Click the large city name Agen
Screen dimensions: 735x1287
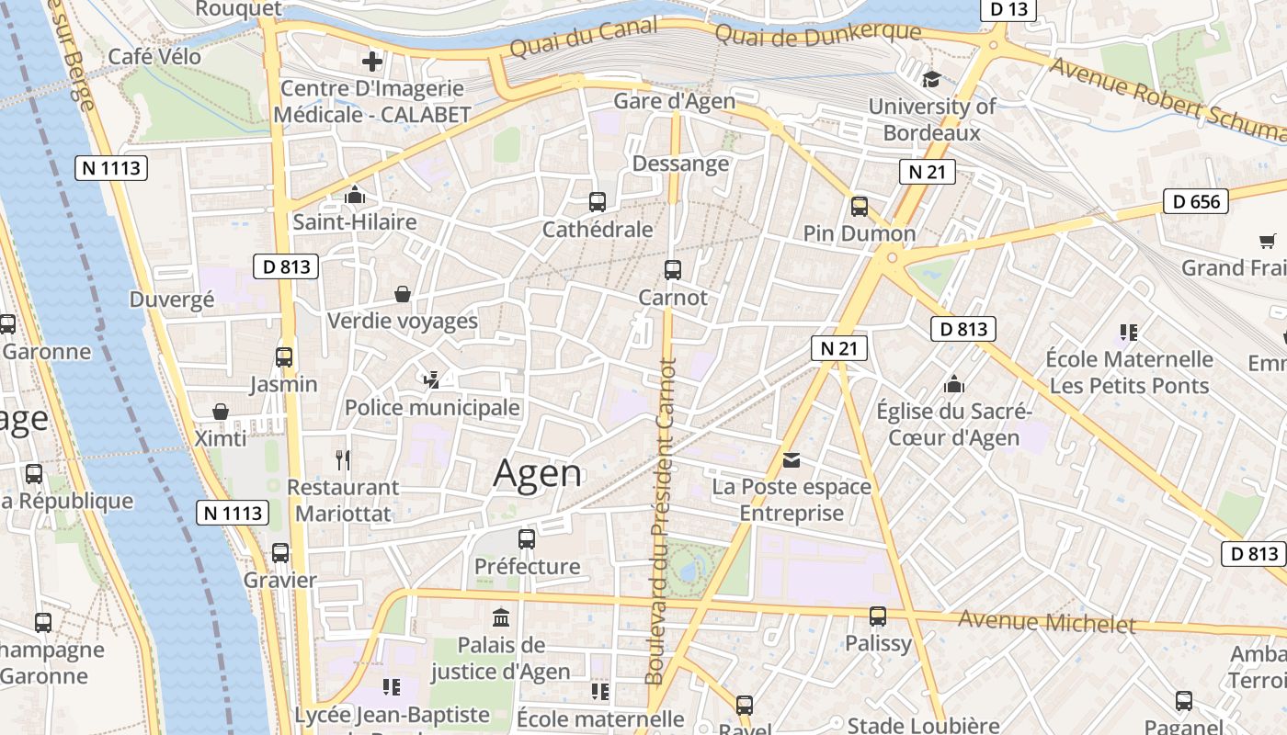coord(538,474)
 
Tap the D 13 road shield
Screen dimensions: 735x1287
coord(1008,9)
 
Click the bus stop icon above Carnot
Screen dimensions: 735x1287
coord(673,269)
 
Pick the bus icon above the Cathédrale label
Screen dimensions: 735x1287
coord(598,201)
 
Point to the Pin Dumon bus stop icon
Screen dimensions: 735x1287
coord(860,206)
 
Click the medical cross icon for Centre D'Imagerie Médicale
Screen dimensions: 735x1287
coord(372,62)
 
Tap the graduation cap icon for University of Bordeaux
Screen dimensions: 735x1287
coord(932,79)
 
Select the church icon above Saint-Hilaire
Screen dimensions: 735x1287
coord(354,195)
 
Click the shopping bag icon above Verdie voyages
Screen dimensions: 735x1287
coord(403,294)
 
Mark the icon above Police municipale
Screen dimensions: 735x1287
coord(431,379)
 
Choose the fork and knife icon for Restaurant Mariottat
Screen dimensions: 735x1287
coord(343,459)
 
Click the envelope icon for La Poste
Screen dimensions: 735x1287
coord(792,459)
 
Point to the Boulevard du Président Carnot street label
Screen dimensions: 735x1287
coord(661,521)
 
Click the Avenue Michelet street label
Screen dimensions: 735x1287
coord(1047,622)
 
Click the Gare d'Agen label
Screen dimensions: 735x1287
coord(675,101)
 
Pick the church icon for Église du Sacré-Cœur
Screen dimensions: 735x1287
coord(954,383)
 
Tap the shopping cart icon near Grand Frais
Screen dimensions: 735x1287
coord(1268,241)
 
